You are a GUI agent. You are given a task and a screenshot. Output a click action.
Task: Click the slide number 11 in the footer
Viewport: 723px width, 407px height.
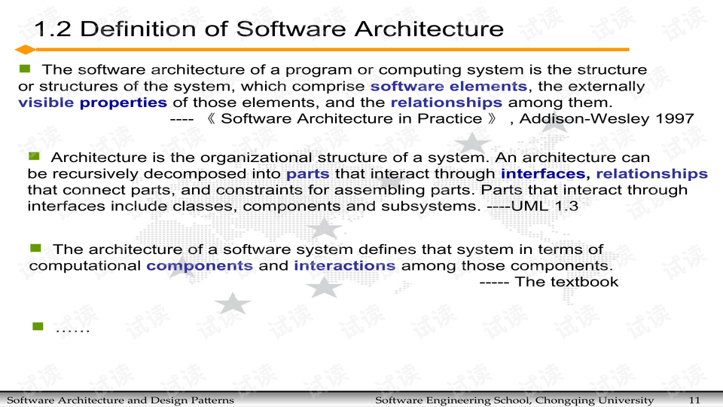pos(694,399)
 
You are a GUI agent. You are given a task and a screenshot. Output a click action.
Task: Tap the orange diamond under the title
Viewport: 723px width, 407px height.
pos(26,50)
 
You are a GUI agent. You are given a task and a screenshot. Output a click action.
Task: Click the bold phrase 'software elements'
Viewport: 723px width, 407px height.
pos(449,86)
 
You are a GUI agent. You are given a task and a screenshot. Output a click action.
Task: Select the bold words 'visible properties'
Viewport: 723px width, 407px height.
pos(93,103)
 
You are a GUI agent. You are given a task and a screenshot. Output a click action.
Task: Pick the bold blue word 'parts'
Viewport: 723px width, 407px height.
pos(307,174)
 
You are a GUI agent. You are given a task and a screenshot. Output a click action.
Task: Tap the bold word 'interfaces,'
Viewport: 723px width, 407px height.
pos(544,174)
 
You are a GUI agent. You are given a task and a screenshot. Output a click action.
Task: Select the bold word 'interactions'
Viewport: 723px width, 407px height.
pos(344,265)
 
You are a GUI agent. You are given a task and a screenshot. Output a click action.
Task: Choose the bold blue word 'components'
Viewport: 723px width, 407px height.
pos(200,265)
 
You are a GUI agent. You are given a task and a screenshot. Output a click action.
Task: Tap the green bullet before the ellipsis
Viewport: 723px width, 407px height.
pos(38,326)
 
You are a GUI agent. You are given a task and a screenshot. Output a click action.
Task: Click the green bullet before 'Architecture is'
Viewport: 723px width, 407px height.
pos(34,156)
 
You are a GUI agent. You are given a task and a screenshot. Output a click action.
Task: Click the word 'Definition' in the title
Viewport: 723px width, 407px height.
pos(148,29)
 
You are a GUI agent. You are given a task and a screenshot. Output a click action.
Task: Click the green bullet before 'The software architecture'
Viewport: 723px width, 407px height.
pos(24,69)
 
